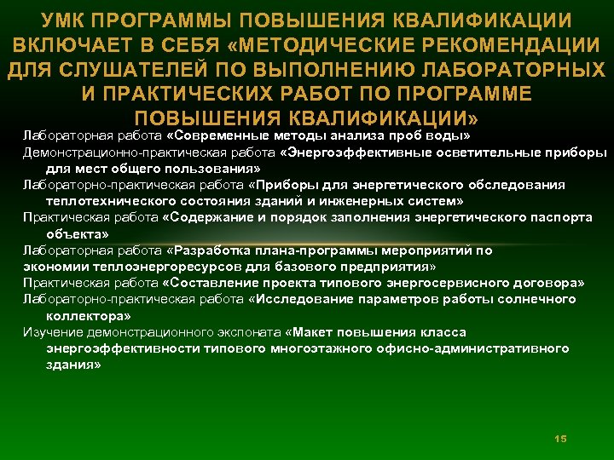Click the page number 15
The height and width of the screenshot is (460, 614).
(x=560, y=438)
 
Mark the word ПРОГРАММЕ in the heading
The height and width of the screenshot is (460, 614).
(x=466, y=93)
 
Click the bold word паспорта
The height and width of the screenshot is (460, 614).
(x=559, y=217)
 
